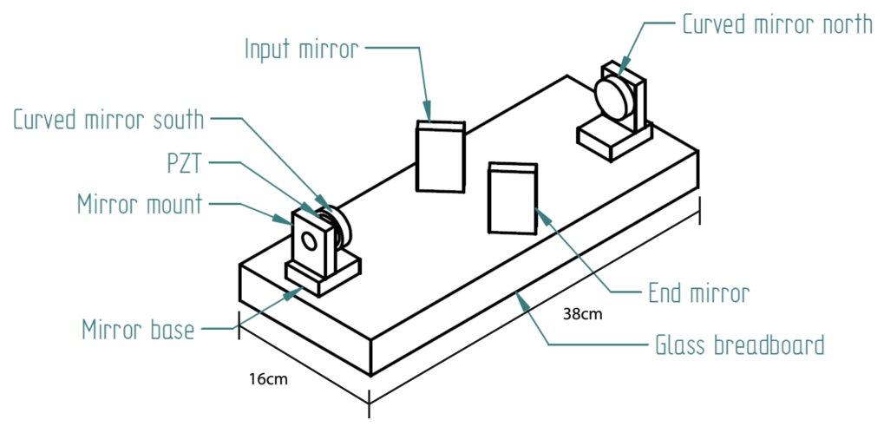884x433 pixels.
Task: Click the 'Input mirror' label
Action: point(300,49)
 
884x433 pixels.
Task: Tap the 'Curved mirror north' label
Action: point(776,24)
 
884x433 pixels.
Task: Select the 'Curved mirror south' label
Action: point(108,120)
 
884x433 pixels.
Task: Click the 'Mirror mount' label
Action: point(139,205)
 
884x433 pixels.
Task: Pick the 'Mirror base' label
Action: point(138,330)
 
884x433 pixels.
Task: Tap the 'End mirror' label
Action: point(697,293)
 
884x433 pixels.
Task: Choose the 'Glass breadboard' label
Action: point(737,345)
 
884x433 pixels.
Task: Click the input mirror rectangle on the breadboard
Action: point(440,156)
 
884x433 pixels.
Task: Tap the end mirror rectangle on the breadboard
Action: point(513,198)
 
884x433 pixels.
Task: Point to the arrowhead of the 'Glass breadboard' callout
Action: point(517,295)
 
